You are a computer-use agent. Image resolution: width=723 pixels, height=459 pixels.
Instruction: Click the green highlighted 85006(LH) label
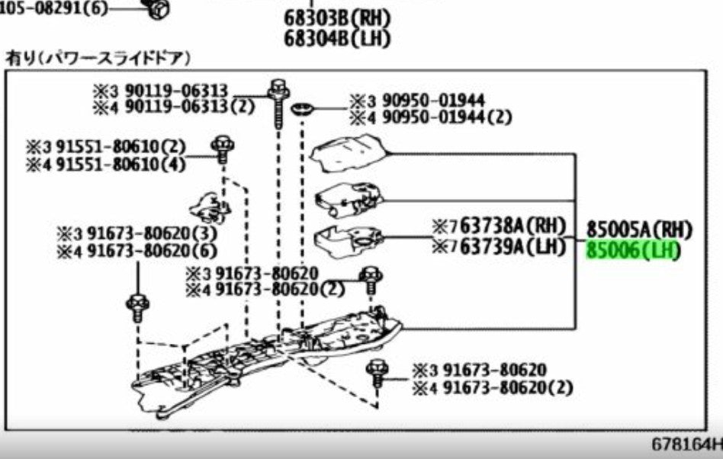pos(633,251)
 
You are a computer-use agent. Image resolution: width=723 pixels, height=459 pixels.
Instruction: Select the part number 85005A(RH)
pos(640,230)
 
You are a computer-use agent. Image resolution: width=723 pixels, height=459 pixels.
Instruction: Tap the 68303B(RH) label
pos(337,18)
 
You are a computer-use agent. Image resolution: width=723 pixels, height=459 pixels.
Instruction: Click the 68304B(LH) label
pos(337,39)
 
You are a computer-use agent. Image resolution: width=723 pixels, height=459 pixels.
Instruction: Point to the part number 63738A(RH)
pos(513,226)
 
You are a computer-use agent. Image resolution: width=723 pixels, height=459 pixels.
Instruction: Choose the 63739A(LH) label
pos(513,246)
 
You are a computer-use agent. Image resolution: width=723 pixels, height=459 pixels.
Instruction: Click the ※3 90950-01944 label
pos(417,101)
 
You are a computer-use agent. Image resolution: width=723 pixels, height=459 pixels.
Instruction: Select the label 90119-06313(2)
pos(190,108)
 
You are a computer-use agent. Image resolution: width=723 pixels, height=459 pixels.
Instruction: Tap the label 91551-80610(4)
pos(120,165)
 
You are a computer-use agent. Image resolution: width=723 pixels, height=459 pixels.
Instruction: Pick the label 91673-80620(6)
pos(152,252)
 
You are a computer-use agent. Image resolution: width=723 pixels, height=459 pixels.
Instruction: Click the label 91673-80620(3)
pos(152,233)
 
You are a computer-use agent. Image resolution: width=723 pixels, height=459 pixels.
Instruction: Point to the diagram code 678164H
pos(686,445)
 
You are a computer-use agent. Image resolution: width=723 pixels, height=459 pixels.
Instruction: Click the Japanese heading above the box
pos(98,59)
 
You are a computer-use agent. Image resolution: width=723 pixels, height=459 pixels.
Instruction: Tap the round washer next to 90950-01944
pos(303,110)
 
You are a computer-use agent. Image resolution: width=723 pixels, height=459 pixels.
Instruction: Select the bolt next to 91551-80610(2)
pos(223,149)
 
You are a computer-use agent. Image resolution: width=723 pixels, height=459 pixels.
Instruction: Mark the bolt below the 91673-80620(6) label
pos(137,308)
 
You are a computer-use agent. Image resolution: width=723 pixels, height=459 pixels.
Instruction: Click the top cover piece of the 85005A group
pos(349,153)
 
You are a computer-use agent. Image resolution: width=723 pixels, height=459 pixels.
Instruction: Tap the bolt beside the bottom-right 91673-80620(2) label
pos(378,374)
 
